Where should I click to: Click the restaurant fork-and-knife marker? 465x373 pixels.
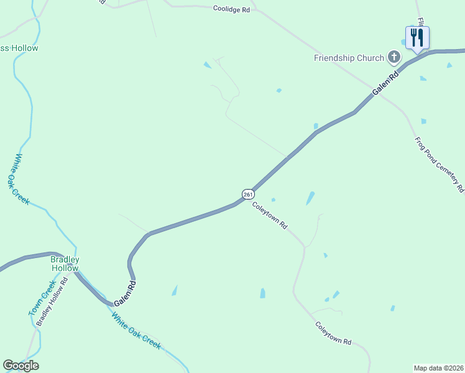(x=417, y=37)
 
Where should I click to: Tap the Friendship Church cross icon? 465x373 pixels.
(x=394, y=58)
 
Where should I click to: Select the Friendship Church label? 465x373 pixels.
(x=349, y=58)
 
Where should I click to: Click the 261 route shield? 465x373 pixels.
(x=248, y=195)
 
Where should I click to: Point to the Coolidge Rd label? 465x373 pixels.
(x=231, y=9)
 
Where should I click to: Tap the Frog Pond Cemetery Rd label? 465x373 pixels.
(x=440, y=163)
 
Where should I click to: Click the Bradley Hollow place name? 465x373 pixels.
(x=65, y=264)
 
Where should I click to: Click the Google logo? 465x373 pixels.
(x=21, y=366)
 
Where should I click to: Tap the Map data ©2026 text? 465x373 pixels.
(x=439, y=367)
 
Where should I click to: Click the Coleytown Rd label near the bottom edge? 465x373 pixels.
(x=333, y=333)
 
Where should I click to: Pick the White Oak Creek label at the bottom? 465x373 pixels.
(x=136, y=331)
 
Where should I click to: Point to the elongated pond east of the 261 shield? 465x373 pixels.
(x=310, y=198)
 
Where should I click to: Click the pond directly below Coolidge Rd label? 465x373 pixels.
(x=207, y=65)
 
